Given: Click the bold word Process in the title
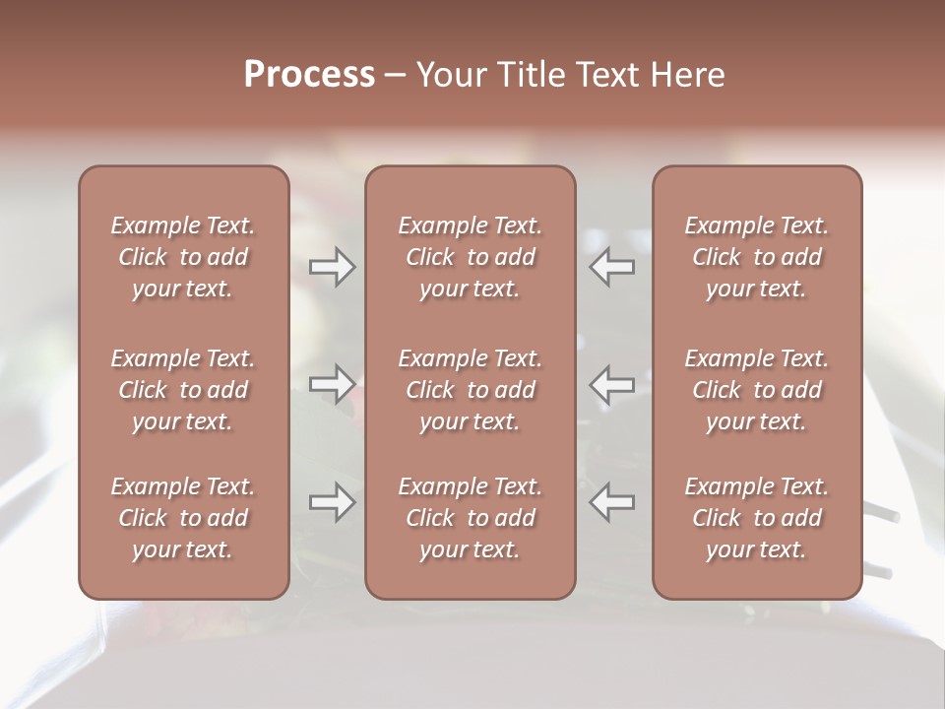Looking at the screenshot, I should coord(309,75).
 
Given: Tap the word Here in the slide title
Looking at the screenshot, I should coord(688,75).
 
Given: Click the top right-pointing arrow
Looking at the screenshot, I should coord(332,267).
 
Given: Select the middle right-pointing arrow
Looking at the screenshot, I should coord(332,383).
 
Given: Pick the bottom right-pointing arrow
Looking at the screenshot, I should coord(332,502).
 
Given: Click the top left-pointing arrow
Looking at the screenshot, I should coord(612,267).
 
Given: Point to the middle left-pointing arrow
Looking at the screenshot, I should coord(612,383).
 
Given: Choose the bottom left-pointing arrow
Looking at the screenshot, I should coord(612,502).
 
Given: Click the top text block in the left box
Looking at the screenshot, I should coord(183,257).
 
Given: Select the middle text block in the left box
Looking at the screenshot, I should coord(183,390).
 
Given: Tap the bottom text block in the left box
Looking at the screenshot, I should coord(183,518).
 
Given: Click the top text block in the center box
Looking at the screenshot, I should coord(470,257).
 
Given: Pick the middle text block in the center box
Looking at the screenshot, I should coord(470,390).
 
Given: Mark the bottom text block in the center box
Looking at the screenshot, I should coord(470,518).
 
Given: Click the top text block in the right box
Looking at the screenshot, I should coord(757,257).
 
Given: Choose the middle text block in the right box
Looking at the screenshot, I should coord(757,390).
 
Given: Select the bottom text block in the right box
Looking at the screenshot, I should coord(757,518).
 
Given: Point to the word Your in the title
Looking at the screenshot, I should coord(450,75).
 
